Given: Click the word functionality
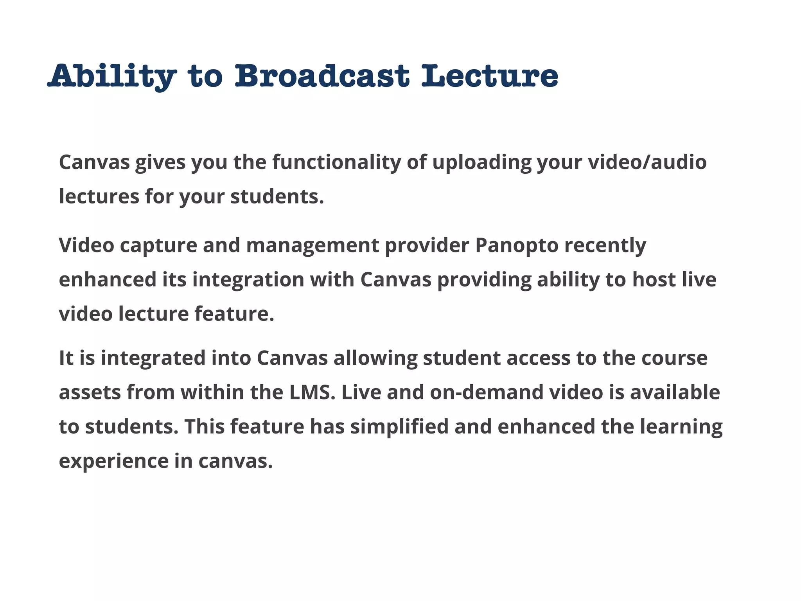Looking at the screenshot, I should coord(337,162).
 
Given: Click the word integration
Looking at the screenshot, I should coord(248,280).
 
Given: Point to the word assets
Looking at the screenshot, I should coord(90,392).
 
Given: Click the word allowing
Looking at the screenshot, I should coord(375,358).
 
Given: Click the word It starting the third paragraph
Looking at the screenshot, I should coord(66,358).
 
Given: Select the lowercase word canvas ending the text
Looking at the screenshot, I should coord(235,461).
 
